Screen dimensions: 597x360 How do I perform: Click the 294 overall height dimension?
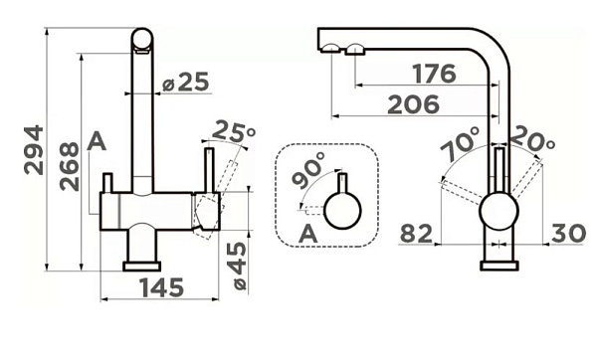pyautogui.click(x=34, y=150)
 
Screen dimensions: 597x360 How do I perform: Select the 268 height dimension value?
pyautogui.click(x=70, y=167)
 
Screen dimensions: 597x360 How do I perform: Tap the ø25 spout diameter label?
pyautogui.click(x=186, y=82)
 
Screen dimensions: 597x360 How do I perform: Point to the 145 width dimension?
pyautogui.click(x=162, y=287)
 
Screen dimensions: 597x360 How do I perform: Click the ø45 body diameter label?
pyautogui.click(x=240, y=266)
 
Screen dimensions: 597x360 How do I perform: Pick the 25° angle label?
pyautogui.click(x=233, y=131)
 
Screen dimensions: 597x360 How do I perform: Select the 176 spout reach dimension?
pyautogui.click(x=434, y=74)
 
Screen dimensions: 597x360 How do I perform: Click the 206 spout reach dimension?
pyautogui.click(x=414, y=104)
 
